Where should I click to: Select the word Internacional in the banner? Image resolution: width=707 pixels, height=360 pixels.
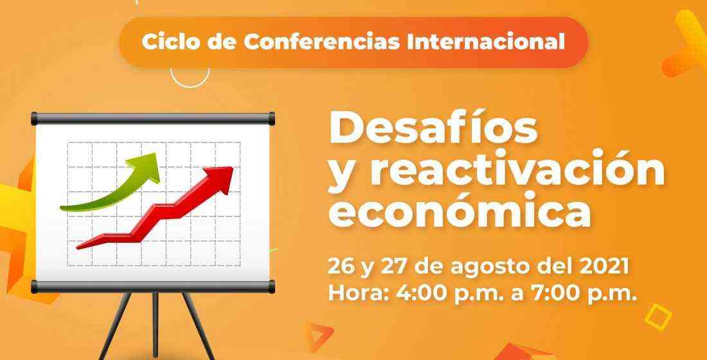click(486, 42)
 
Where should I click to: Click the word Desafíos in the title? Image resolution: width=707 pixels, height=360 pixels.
click(433, 127)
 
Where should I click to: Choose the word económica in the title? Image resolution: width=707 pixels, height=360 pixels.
click(460, 210)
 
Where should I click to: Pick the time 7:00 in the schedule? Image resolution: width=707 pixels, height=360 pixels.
click(561, 294)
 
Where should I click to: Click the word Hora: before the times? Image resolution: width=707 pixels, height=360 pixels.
click(361, 294)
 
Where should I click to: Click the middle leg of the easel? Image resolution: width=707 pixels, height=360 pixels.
click(156, 325)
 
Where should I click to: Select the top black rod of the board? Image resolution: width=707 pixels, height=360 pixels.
click(153, 119)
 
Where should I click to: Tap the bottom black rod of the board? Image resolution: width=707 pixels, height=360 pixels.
click(153, 287)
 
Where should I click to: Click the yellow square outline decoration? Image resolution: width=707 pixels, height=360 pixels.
click(658, 317)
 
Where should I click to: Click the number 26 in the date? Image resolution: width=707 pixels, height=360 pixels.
click(341, 267)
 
